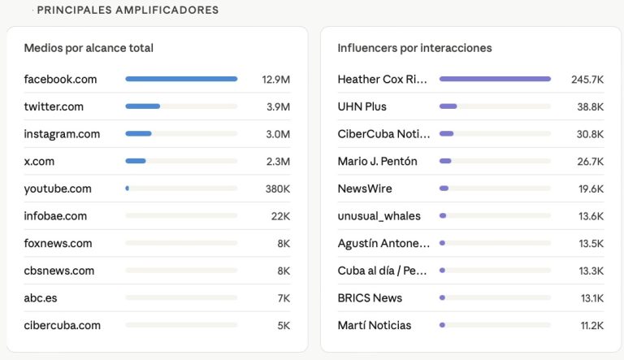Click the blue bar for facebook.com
181,79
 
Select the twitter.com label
54,106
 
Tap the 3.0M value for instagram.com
278,134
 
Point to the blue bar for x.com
136,161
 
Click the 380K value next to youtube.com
276,189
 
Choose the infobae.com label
55,216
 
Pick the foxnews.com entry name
58,243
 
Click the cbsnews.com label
59,271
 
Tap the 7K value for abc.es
283,298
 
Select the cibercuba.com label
62,325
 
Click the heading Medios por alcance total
89,48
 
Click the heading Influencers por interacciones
414,48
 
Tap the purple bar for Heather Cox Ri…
495,79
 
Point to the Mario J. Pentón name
377,161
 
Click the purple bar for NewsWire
444,189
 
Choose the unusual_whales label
380,216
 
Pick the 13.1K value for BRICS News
591,298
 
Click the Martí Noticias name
375,325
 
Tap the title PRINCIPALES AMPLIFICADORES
128,11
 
